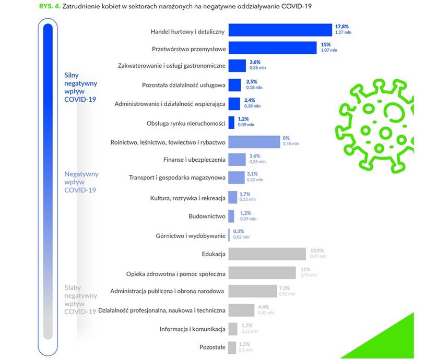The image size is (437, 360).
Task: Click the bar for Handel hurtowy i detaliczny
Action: [280, 30]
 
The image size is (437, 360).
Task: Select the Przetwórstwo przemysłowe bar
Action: [272, 48]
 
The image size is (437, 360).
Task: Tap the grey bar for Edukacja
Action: [267, 254]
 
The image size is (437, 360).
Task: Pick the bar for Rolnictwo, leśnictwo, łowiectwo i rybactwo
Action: [254, 141]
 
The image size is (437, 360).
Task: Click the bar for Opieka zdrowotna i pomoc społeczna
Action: [263, 272]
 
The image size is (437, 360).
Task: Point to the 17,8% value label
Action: [342, 27]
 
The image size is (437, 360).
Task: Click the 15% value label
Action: [325, 44]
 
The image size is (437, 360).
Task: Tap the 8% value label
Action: [286, 138]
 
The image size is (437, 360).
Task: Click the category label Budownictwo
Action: [207, 215]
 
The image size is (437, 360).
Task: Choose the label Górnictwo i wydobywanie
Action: [191, 235]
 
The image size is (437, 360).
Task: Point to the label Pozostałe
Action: [212, 346]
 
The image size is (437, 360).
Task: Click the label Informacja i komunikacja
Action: [193, 329]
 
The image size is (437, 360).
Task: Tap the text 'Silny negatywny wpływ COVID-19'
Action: [80, 87]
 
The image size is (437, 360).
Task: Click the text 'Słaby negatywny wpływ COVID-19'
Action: [80, 299]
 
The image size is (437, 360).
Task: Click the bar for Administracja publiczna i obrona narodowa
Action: [252, 291]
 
